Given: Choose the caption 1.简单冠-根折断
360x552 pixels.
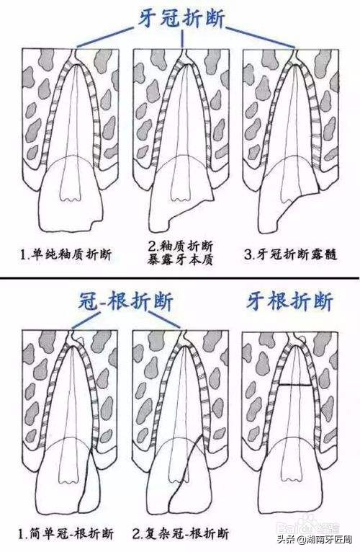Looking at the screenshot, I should point(71,534).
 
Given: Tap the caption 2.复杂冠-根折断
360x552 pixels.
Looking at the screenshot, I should point(182,534).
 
